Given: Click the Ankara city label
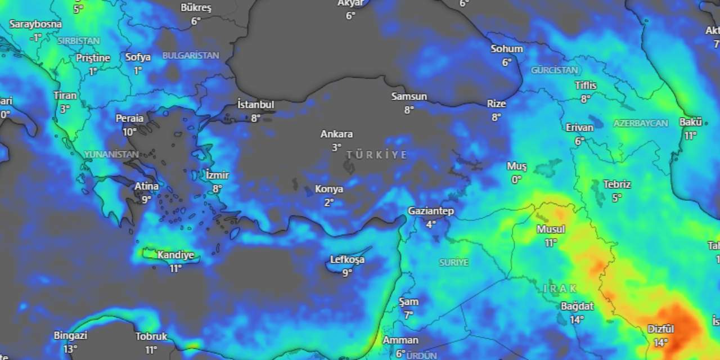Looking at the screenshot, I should click(x=336, y=134).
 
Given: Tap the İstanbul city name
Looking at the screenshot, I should click(x=255, y=105).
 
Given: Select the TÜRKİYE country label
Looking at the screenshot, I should click(x=376, y=155).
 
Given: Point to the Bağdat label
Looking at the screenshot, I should click(x=577, y=306).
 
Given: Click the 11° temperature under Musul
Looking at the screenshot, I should click(x=550, y=242).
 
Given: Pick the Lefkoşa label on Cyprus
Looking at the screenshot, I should click(x=347, y=259).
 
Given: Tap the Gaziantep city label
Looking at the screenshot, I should click(x=431, y=211).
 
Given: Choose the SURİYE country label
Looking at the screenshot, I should click(x=453, y=262).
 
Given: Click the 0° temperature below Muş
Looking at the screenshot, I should click(x=516, y=179).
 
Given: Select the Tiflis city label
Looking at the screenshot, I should click(x=586, y=85).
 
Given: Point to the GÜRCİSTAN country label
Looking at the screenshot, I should click(x=555, y=70).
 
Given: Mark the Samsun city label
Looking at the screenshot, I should click(x=409, y=97).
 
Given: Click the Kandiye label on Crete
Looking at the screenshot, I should click(x=175, y=255).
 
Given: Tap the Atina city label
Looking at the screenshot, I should click(x=146, y=186).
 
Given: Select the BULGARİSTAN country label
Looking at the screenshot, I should click(x=191, y=55).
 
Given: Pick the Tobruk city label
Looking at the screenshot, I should click(x=151, y=336).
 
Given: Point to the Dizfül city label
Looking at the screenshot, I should click(x=660, y=328).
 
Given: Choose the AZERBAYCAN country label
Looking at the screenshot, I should click(x=641, y=123).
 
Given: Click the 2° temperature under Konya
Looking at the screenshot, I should click(x=329, y=202).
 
